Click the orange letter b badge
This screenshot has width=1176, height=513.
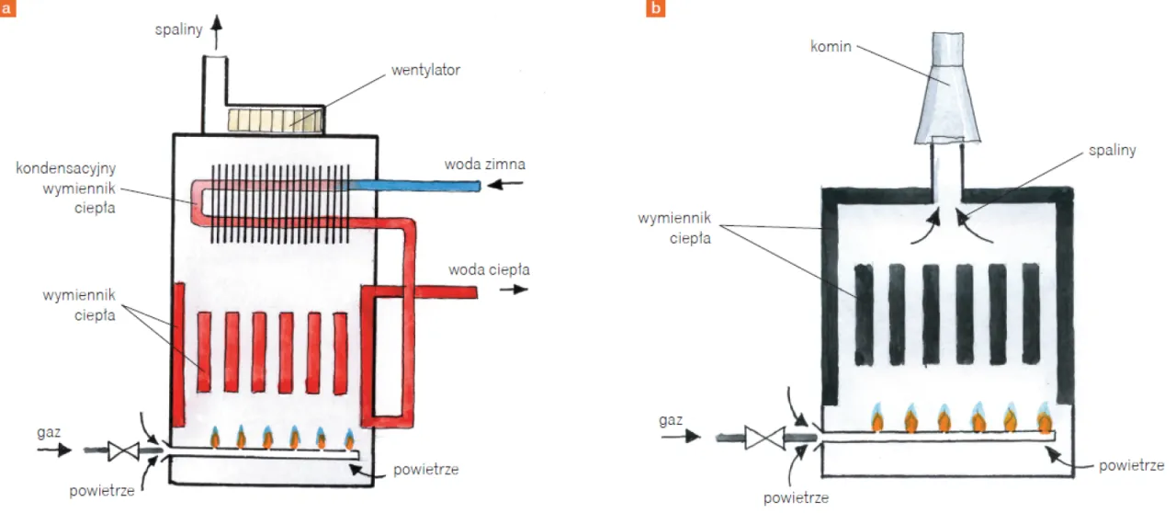[656, 9]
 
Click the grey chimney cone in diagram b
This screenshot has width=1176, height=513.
[947, 92]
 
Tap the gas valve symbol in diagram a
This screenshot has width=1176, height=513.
[121, 450]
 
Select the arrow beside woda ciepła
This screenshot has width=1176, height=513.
[519, 290]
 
